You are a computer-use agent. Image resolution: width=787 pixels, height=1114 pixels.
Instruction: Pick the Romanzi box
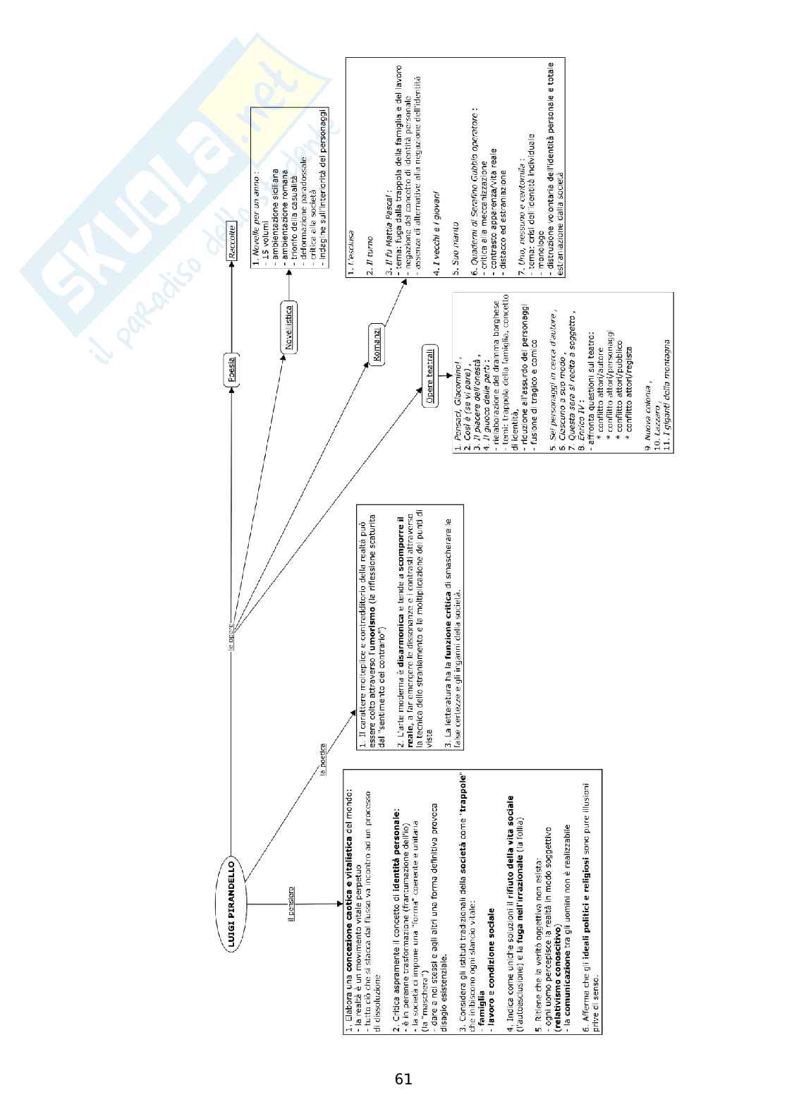point(374,344)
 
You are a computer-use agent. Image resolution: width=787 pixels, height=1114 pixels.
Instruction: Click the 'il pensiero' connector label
point(291,902)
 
